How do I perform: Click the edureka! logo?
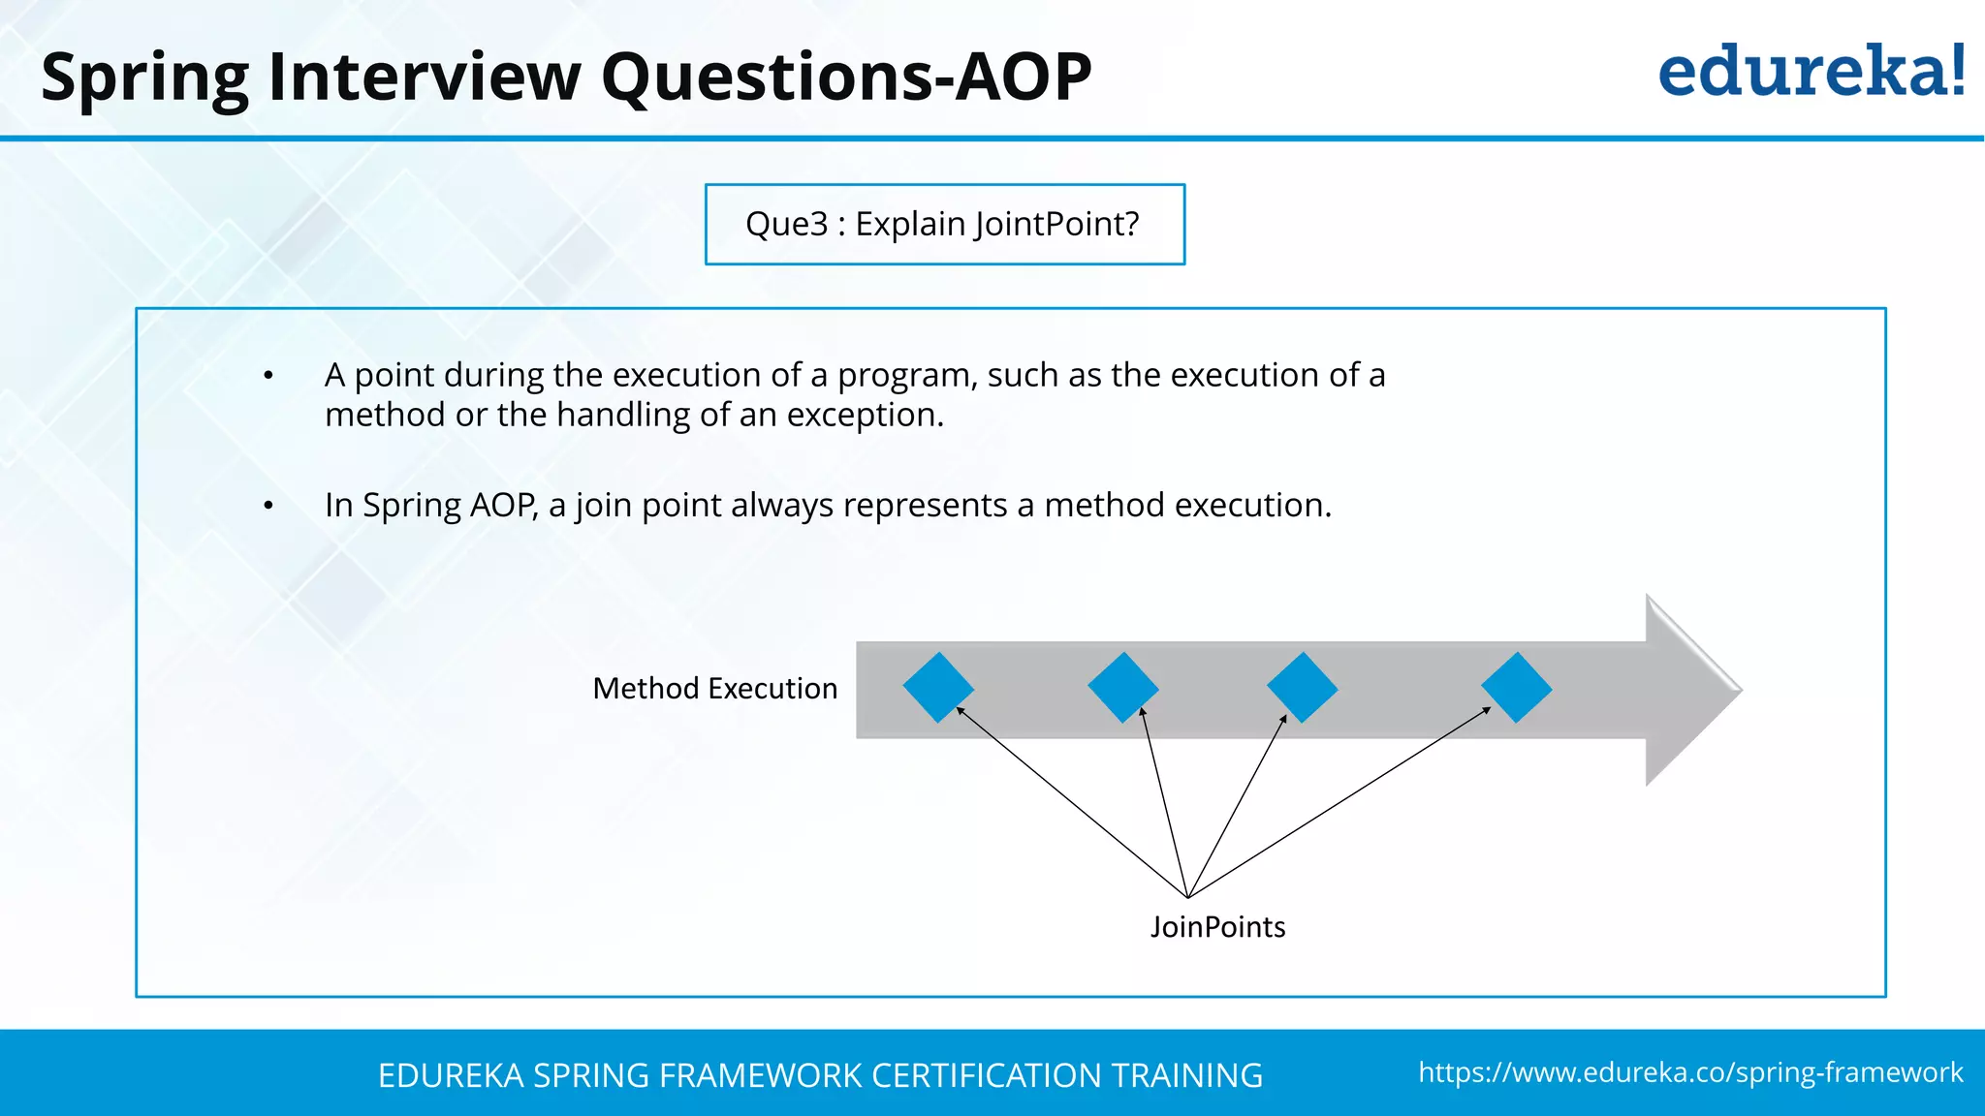tap(1811, 72)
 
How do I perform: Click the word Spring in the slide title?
tap(144, 77)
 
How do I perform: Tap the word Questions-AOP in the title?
tap(846, 77)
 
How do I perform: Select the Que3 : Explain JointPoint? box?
tap(944, 224)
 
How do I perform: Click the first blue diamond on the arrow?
tap(938, 688)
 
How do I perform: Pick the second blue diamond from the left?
tap(1122, 688)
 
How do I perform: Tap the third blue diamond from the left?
tap(1302, 688)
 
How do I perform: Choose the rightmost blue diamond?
tap(1516, 688)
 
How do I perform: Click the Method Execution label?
tap(714, 689)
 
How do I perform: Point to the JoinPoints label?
tap(1217, 927)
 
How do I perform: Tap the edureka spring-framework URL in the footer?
tap(1690, 1072)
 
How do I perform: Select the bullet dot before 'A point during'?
tap(268, 376)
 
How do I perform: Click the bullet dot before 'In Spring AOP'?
tap(268, 506)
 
